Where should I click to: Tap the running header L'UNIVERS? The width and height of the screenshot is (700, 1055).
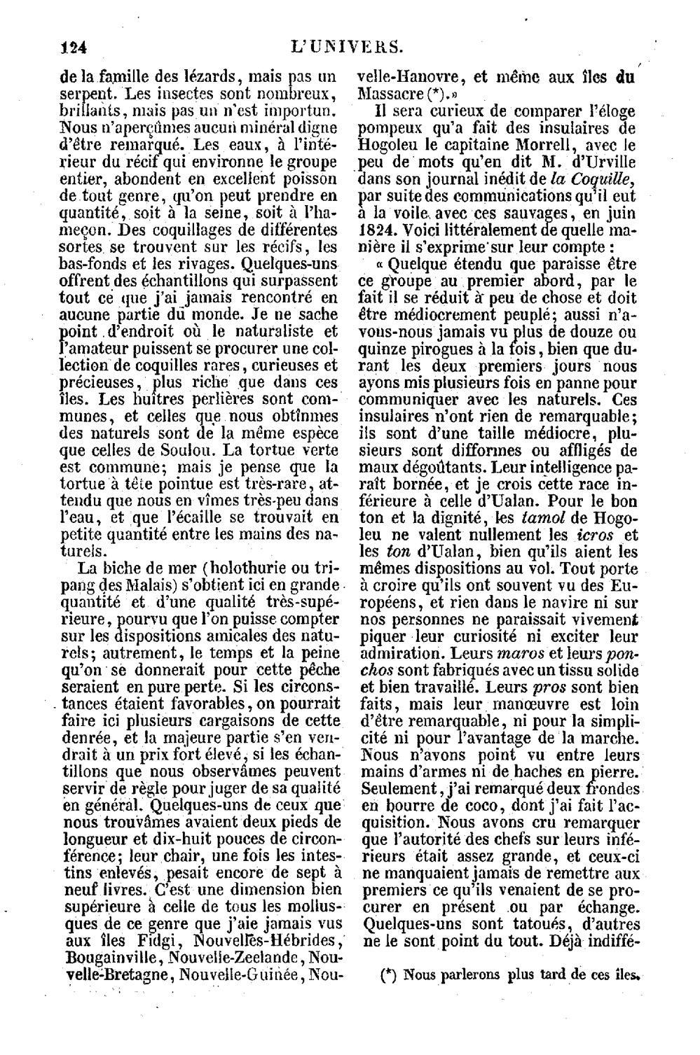[349, 47]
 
